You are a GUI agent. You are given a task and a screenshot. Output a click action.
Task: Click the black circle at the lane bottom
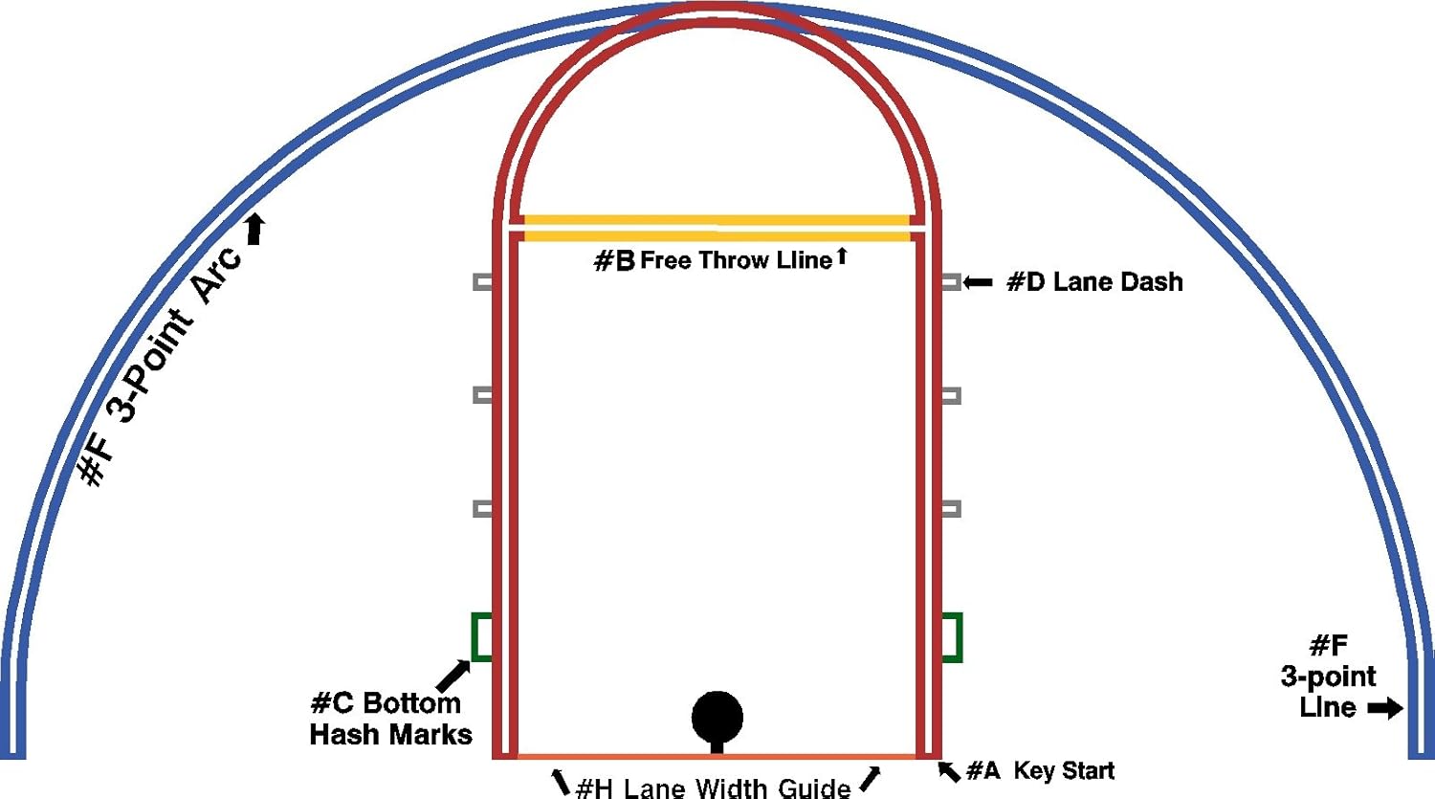717,716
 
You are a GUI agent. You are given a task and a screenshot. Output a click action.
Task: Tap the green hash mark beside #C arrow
482,636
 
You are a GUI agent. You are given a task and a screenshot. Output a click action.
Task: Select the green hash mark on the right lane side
952,636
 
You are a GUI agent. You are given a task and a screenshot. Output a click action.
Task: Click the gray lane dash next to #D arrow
950,281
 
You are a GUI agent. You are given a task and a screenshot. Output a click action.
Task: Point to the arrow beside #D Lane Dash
978,282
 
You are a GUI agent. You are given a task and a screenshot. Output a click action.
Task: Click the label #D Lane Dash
1094,282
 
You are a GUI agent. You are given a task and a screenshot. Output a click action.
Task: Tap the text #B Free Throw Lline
713,260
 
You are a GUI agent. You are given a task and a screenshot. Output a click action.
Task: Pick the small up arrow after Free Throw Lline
842,255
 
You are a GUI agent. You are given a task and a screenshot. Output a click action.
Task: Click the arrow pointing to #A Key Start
948,770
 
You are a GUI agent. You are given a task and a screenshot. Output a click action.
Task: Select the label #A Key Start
1041,771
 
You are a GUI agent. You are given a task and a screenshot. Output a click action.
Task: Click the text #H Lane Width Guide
713,788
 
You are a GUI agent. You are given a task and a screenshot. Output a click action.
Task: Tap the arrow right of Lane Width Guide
870,779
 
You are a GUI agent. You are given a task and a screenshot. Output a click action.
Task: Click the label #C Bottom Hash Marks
390,719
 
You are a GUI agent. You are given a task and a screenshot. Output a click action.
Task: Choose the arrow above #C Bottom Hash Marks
453,676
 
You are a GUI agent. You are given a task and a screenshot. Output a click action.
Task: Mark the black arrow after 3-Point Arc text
255,230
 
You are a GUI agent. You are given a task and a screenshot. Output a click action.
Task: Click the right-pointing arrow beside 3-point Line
1385,709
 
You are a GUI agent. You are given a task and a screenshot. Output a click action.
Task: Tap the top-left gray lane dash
483,281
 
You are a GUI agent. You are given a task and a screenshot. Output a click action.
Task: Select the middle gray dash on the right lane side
950,395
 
